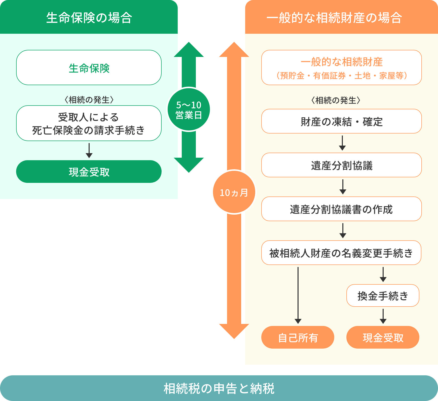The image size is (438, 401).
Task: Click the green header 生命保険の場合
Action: click(x=89, y=18)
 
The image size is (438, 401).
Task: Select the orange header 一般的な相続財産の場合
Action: click(x=341, y=18)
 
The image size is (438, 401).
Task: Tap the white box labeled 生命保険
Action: click(x=89, y=68)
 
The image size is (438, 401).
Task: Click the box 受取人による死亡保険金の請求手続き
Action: click(x=89, y=123)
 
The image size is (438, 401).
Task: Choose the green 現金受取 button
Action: click(x=89, y=172)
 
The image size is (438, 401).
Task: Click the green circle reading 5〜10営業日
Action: click(x=189, y=110)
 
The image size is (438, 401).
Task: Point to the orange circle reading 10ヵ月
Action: click(x=234, y=192)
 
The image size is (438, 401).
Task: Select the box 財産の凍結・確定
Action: click(x=341, y=121)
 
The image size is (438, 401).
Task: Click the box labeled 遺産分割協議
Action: click(x=341, y=165)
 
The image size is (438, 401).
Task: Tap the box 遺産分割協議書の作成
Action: click(x=341, y=209)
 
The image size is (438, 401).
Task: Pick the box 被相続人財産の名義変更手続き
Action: click(x=341, y=253)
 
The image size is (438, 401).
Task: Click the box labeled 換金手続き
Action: click(x=383, y=295)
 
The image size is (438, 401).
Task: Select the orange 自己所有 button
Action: click(x=298, y=337)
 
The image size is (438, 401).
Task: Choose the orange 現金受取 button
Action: click(x=383, y=337)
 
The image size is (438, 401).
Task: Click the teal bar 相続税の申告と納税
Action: click(x=219, y=388)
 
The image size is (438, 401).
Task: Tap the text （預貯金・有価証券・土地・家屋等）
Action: click(x=341, y=76)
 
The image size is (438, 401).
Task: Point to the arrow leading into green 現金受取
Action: click(x=89, y=151)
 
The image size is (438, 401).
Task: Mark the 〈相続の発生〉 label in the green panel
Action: click(x=89, y=100)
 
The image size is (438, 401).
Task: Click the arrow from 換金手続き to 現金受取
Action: click(x=383, y=316)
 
